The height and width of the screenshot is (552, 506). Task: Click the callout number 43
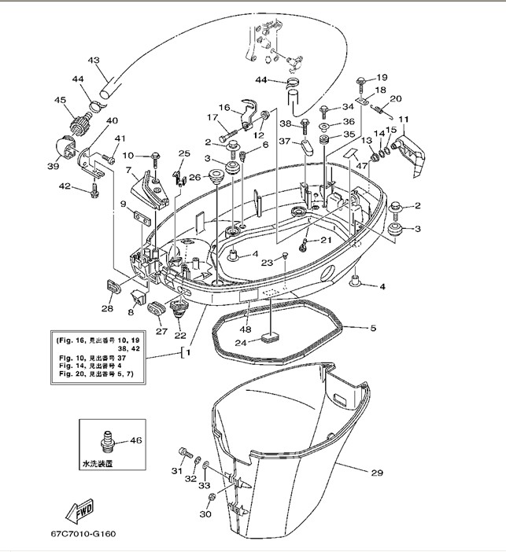coord(94,61)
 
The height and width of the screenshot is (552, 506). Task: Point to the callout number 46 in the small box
coord(137,441)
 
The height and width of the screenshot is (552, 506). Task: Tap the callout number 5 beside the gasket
coord(373,327)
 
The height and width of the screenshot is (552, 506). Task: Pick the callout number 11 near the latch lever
coord(404,120)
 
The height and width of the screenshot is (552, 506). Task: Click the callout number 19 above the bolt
coord(382,77)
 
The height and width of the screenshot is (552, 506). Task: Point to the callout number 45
coord(60,100)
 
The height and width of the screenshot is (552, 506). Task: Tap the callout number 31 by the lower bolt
coord(176,471)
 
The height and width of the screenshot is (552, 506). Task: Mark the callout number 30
coord(205,514)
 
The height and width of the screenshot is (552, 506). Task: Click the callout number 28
coord(107,309)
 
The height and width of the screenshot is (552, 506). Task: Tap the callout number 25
coord(184,153)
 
